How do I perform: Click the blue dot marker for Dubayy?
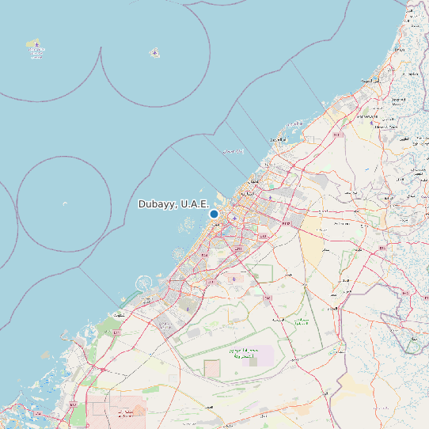(214, 214)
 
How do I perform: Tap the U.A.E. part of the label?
(195, 204)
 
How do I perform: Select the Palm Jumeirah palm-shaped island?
(145, 283)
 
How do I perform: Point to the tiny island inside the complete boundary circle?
(64, 203)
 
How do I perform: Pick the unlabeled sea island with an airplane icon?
(154, 53)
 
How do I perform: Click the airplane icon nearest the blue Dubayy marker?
(233, 218)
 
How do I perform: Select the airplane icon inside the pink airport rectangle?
(237, 279)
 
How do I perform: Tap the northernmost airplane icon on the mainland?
(373, 116)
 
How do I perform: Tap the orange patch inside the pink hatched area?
(139, 411)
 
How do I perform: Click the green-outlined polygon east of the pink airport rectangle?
(263, 274)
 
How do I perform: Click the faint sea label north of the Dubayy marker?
(232, 150)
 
